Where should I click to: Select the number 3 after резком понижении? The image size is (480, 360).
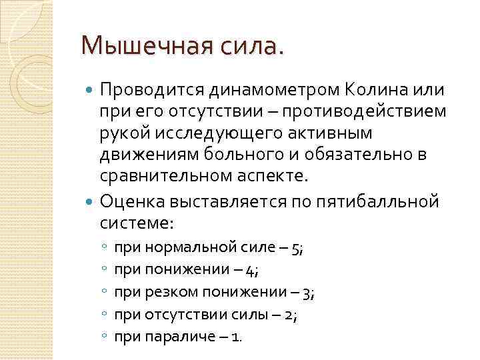[x=307, y=293]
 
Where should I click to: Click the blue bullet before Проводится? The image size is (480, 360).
[x=91, y=89]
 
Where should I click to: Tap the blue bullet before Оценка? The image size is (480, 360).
[x=91, y=200]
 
